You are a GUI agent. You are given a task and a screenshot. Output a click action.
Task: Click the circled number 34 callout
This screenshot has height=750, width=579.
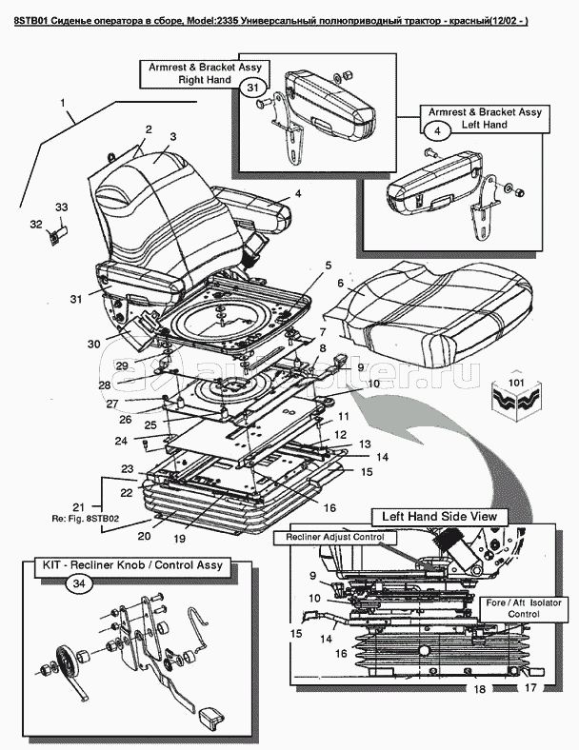(x=79, y=584)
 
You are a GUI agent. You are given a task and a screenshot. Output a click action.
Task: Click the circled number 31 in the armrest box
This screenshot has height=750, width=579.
(x=252, y=87)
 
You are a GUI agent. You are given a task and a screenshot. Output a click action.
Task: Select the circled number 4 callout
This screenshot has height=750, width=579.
(x=437, y=130)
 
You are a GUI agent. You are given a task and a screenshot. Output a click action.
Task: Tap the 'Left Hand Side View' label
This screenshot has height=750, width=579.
(x=440, y=517)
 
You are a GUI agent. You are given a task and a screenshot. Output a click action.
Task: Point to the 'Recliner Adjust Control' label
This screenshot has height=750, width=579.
(x=335, y=537)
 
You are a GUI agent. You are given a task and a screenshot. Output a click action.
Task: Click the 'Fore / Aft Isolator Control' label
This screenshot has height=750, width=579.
(x=524, y=608)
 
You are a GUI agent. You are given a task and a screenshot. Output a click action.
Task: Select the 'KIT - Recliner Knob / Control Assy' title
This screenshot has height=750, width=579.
(x=130, y=565)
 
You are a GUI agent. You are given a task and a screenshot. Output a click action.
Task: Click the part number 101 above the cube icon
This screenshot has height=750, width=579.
(x=517, y=383)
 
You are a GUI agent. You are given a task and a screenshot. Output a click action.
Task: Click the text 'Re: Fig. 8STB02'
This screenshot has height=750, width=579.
(x=86, y=518)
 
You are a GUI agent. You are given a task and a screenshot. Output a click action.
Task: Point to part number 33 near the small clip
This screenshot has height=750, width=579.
(x=61, y=207)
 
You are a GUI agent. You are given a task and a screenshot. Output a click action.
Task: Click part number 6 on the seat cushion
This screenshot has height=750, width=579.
(x=340, y=284)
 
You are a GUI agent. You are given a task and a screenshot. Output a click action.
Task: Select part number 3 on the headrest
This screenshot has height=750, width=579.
(x=172, y=137)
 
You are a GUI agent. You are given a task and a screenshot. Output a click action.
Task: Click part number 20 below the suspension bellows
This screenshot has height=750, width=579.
(x=144, y=536)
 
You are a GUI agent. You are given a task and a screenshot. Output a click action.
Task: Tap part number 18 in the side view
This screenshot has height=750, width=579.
(x=479, y=689)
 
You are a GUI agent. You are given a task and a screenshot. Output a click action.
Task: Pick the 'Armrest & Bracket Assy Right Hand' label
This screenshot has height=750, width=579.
(x=205, y=73)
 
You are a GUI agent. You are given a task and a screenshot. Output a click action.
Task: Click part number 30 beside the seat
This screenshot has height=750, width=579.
(x=94, y=344)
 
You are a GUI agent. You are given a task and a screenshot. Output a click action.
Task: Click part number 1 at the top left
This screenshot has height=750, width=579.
(x=63, y=103)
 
